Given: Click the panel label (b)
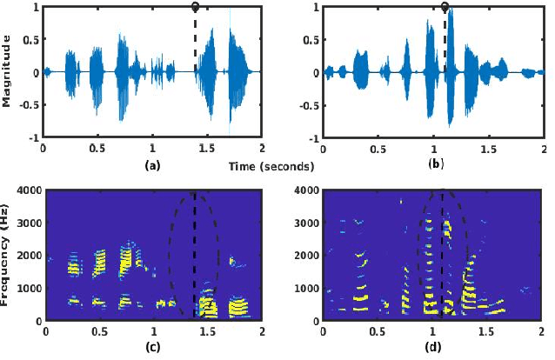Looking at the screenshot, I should (x=435, y=163).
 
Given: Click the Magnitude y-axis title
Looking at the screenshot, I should (x=7, y=72).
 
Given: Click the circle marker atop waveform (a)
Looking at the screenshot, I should (x=195, y=7).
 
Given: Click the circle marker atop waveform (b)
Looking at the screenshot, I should (x=445, y=7).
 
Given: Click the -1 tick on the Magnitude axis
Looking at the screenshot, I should (x=33, y=138).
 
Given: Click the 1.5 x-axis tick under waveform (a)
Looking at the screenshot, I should (x=206, y=149).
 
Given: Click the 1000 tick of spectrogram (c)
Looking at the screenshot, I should (x=28, y=288).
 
